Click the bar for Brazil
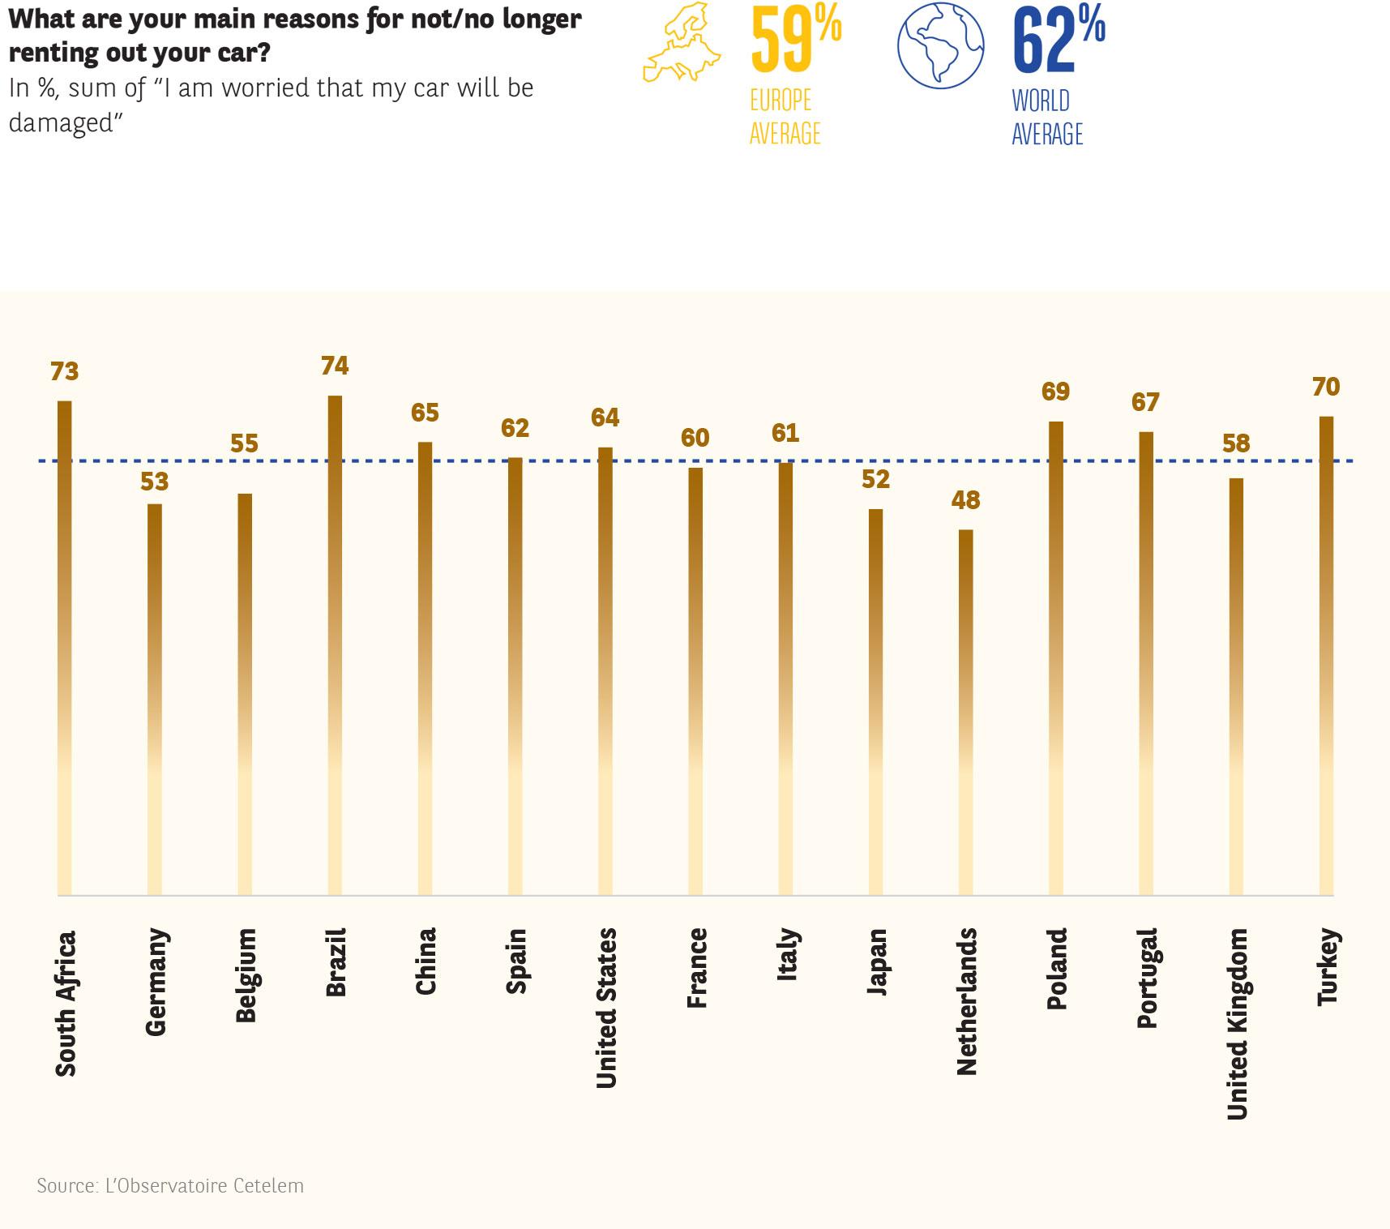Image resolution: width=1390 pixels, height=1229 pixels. pyautogui.click(x=335, y=644)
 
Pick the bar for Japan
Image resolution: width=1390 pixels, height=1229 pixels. pyautogui.click(x=875, y=701)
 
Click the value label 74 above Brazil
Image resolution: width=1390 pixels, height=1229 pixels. pyautogui.click(x=335, y=366)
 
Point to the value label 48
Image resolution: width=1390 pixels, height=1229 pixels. pyautogui.click(x=965, y=500)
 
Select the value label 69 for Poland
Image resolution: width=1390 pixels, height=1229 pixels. pyautogui.click(x=1055, y=392)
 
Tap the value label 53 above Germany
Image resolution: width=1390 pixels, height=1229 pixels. pyautogui.click(x=154, y=482)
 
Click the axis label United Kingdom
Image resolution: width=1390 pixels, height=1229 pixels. pyautogui.click(x=1237, y=1024)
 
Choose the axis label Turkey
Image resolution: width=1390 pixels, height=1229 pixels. pyautogui.click(x=1327, y=967)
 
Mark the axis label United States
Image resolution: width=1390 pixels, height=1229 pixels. pyautogui.click(x=606, y=1008)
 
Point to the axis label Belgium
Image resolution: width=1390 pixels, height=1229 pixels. pyautogui.click(x=246, y=975)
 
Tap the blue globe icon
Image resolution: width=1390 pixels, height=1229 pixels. pyautogui.click(x=940, y=45)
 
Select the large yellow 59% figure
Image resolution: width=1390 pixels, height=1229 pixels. pyautogui.click(x=795, y=38)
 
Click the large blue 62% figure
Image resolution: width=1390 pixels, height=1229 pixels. pyautogui.click(x=1058, y=38)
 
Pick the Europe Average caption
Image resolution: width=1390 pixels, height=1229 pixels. pyautogui.click(x=785, y=117)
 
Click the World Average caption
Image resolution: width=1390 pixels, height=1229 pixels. pyautogui.click(x=1047, y=118)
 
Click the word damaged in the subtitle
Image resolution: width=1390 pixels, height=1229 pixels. pyautogui.click(x=61, y=123)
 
